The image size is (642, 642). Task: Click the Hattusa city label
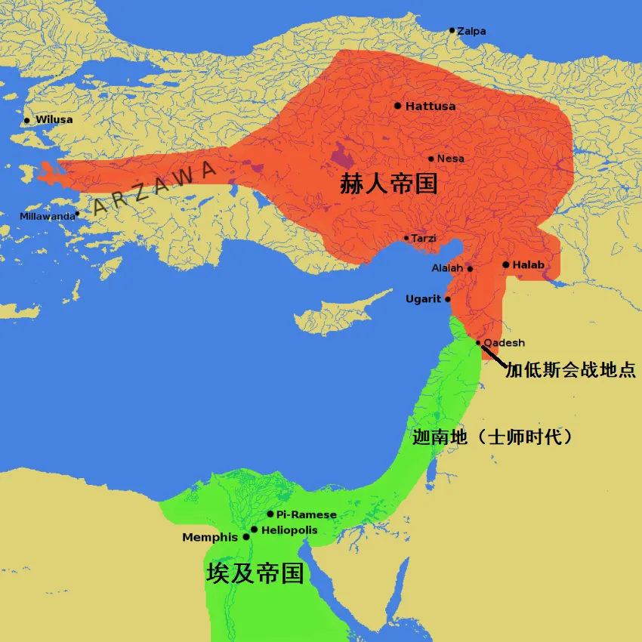pos(431,106)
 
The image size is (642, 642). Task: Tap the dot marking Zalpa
pos(452,31)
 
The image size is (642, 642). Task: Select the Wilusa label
pos(54,120)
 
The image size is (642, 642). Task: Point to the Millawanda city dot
pos(77,214)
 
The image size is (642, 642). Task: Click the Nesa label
pos(450,159)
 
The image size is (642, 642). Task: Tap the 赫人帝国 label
pos(389,183)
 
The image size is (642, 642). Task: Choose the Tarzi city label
pos(423,239)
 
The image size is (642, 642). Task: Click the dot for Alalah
pos(470,268)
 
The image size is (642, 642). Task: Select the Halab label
pos(528,265)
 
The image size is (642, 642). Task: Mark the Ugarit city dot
pos(448,299)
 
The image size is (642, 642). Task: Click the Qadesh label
pos(504,343)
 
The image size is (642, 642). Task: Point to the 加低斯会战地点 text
pos(571,370)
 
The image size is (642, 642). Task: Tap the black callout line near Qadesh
pos(494,355)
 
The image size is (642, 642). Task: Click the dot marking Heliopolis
pos(255,529)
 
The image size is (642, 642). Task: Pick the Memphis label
pos(210,538)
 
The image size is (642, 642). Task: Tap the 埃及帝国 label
pos(255,573)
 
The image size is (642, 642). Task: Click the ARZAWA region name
pos(151,189)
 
